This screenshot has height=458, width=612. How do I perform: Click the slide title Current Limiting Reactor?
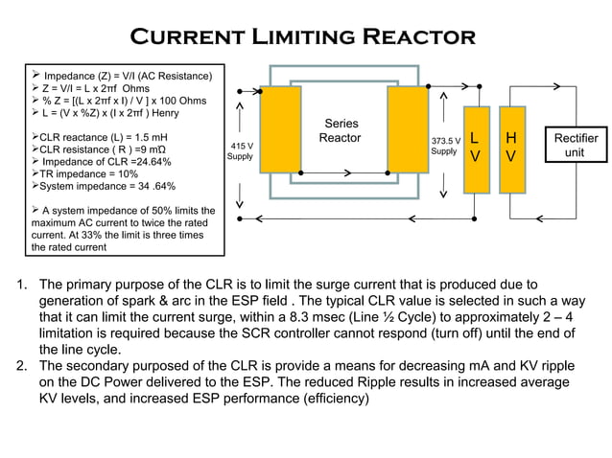pyautogui.click(x=303, y=36)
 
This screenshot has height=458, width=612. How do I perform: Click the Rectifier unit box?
pyautogui.click(x=576, y=146)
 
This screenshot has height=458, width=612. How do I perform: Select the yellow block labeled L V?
pyautogui.click(x=475, y=146)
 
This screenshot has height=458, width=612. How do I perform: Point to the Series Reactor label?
pyautogui.click(x=341, y=131)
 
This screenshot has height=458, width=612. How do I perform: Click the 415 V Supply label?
pyautogui.click(x=240, y=150)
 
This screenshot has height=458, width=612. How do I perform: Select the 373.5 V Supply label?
pyautogui.click(x=445, y=146)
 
